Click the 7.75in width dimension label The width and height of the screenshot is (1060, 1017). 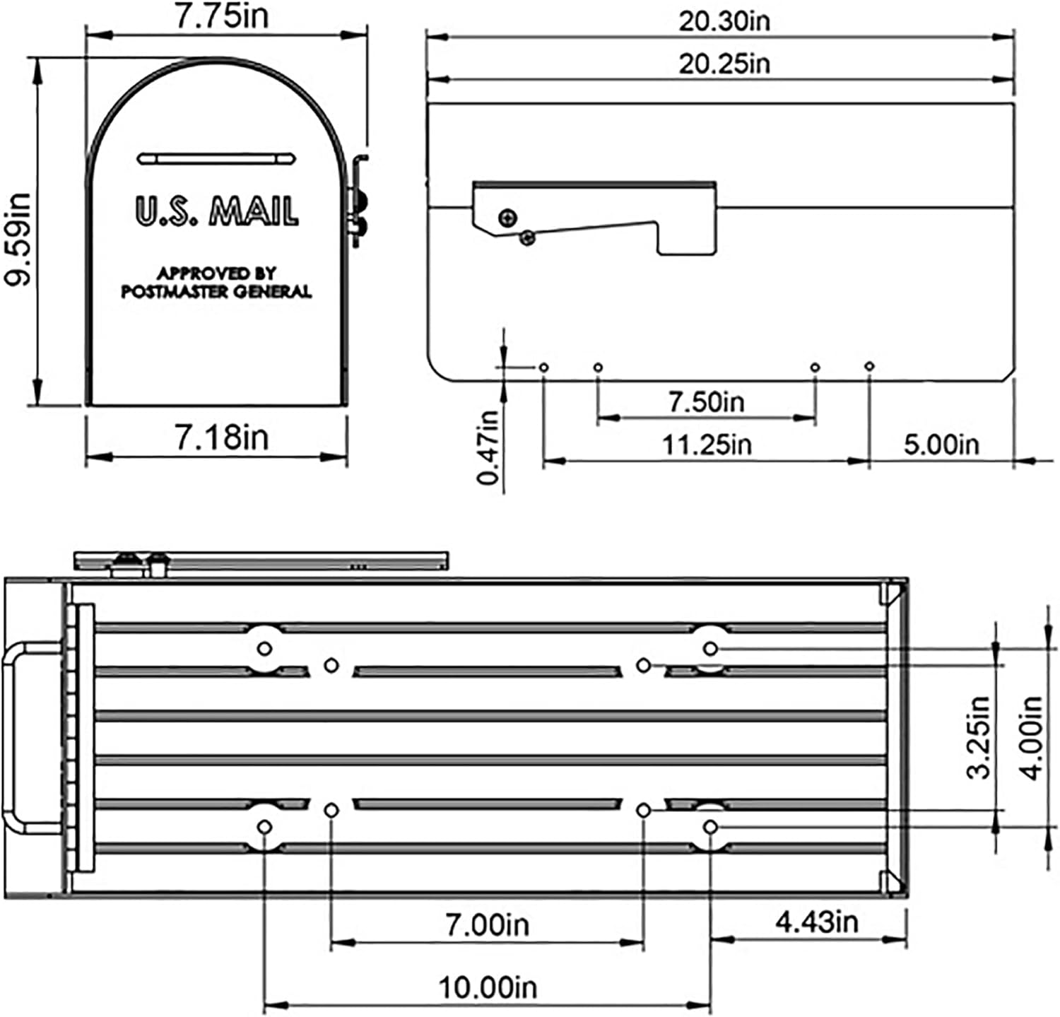(222, 16)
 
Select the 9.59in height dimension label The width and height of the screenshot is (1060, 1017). (17, 239)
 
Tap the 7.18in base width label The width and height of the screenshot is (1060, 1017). (222, 437)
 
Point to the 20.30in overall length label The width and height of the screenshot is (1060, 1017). (724, 21)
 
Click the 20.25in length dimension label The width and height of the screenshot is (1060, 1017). (724, 64)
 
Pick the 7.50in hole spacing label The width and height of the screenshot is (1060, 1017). (706, 402)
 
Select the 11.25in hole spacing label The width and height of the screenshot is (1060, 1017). (706, 445)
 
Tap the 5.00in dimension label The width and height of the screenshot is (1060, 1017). (941, 445)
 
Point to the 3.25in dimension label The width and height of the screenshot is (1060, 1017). (979, 737)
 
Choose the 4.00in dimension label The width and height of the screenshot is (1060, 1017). (1032, 737)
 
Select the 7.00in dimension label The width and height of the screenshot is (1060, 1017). (487, 924)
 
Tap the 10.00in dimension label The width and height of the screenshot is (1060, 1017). (488, 987)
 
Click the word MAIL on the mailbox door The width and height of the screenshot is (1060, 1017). (256, 211)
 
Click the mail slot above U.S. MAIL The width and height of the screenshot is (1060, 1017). (216, 158)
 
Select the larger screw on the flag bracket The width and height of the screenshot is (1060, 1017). (507, 218)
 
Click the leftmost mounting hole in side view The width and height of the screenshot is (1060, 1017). (543, 368)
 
